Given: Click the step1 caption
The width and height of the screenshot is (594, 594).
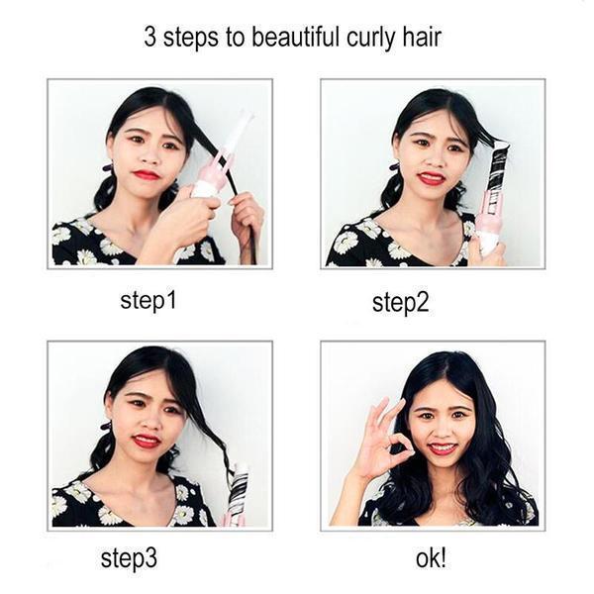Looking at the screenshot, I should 148,300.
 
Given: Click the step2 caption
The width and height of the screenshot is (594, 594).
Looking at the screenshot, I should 400,302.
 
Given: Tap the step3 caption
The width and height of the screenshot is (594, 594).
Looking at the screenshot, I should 129,557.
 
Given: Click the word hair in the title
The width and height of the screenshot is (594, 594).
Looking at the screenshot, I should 420,39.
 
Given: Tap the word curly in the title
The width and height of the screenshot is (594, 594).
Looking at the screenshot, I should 368,39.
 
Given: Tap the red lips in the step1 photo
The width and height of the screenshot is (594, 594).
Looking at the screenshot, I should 148,175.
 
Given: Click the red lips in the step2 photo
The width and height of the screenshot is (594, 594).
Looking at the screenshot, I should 432,178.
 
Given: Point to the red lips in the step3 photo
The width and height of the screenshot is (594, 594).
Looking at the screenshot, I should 148,441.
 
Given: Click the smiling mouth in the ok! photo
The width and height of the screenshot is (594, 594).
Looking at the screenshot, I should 443,447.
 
